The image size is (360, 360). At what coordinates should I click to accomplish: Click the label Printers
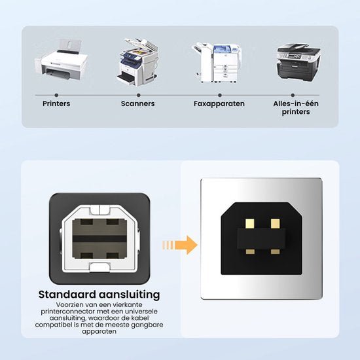(x=56, y=103)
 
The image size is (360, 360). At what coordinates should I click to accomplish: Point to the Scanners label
(x=138, y=103)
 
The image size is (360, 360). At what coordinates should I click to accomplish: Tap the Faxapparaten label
(x=219, y=103)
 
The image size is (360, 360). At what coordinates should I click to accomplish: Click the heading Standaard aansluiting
(x=99, y=295)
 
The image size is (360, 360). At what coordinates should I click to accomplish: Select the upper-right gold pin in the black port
(x=276, y=223)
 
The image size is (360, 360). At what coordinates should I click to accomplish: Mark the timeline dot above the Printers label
(x=56, y=95)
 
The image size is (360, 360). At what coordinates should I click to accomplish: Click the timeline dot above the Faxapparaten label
(x=219, y=95)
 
